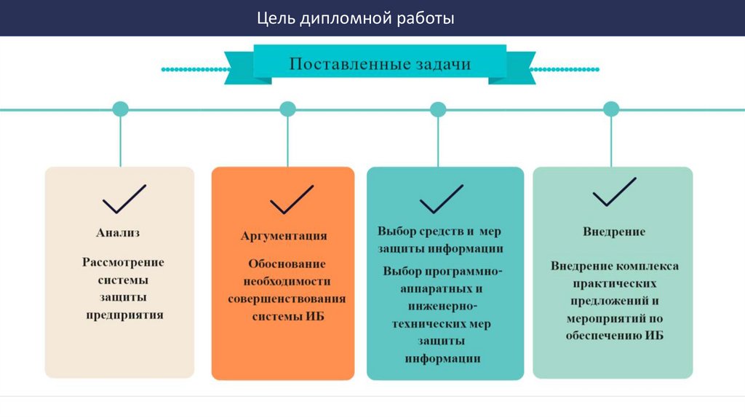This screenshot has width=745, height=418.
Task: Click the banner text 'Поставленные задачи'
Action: click(380, 64)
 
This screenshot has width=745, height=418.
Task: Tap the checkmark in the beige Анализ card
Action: click(124, 198)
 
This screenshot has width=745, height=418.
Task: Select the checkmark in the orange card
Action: click(292, 200)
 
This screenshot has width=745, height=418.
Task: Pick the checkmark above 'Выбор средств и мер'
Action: click(441, 198)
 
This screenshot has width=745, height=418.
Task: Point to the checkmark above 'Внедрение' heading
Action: click(614, 192)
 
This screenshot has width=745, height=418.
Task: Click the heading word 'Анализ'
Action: click(118, 233)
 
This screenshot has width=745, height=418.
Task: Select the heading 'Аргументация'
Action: click(284, 236)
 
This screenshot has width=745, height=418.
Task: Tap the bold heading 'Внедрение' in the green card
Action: click(614, 232)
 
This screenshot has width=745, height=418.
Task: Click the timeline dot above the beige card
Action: click(120, 109)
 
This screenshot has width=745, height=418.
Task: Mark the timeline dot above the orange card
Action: click(288, 109)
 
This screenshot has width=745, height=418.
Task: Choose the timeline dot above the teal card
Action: click(438, 109)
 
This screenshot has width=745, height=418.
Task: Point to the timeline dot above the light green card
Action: click(611, 109)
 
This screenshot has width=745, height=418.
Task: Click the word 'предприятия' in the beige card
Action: click(124, 315)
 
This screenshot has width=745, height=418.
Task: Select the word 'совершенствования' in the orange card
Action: click(287, 299)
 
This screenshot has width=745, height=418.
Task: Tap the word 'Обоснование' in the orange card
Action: click(287, 263)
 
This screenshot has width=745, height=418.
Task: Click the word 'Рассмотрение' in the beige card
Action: click(123, 261)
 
